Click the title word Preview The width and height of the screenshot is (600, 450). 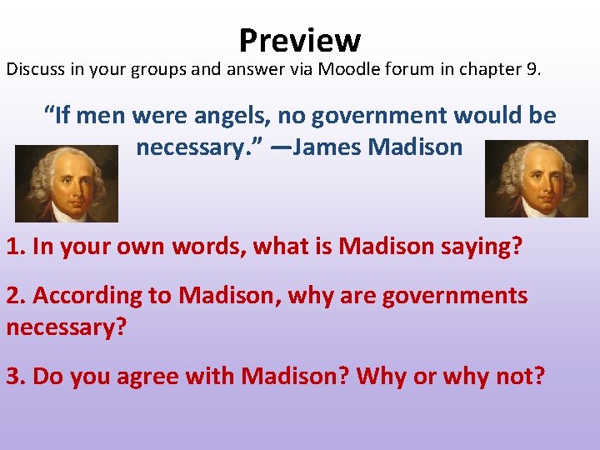tap(299, 39)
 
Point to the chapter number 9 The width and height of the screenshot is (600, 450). tap(532, 68)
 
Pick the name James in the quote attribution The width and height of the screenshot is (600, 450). tap(327, 147)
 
